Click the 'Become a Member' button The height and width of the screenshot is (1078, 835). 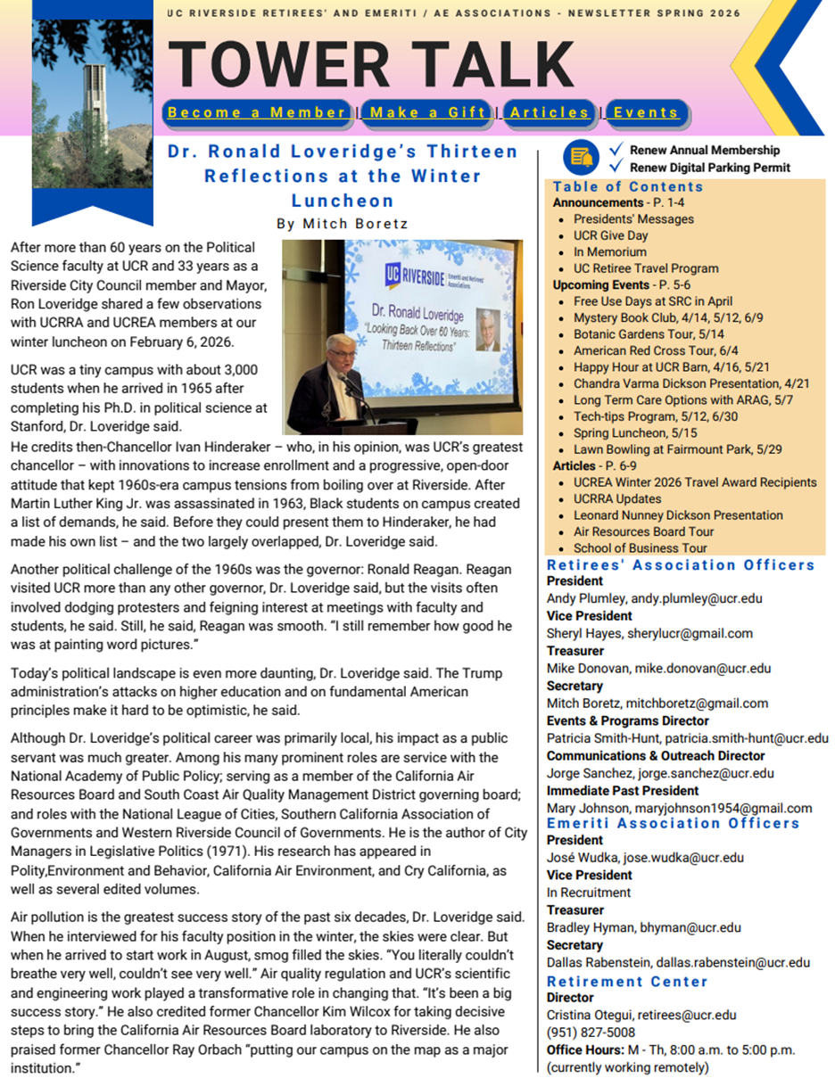tap(257, 112)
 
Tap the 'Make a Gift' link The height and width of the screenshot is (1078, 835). tap(427, 112)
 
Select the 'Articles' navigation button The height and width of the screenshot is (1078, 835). tap(549, 112)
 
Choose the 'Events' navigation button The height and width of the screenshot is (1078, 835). tap(646, 112)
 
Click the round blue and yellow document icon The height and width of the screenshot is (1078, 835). tap(581, 158)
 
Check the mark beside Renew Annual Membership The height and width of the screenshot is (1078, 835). tap(616, 149)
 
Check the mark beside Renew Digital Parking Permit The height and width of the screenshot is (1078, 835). tap(616, 166)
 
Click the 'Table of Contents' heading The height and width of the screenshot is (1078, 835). tap(628, 186)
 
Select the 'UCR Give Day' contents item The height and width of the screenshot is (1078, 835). tap(610, 235)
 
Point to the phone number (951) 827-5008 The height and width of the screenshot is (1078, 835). tap(590, 1033)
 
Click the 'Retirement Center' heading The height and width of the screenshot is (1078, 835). tap(627, 981)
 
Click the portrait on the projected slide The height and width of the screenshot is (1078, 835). tap(487, 331)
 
